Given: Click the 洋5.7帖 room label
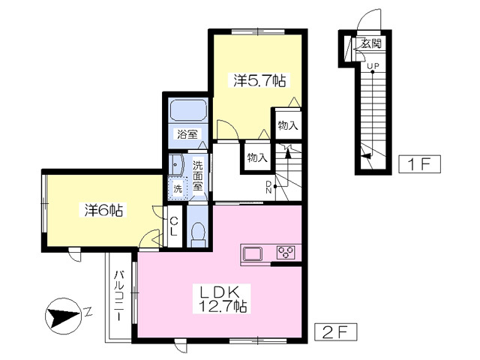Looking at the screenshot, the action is click(259, 81).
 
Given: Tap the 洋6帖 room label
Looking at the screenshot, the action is click(103, 210).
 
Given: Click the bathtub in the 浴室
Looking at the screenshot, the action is click(188, 110).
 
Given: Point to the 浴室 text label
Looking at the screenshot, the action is click(187, 133).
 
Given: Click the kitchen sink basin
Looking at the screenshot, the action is click(253, 253).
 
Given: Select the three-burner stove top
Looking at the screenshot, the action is click(286, 253).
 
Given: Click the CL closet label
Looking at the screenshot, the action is click(173, 226).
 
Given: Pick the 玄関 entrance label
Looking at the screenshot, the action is click(370, 43).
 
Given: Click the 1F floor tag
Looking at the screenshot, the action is click(419, 164).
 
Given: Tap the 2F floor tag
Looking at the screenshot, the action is click(336, 331).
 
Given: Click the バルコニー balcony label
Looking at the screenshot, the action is click(118, 295).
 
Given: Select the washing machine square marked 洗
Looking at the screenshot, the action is click(177, 188).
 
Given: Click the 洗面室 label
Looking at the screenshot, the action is click(197, 176).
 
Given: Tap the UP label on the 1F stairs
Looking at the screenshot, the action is click(373, 66).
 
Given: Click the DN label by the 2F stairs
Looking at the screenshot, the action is click(268, 187).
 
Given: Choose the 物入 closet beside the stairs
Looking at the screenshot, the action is click(257, 158).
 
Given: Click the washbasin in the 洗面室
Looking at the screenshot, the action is click(175, 165).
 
